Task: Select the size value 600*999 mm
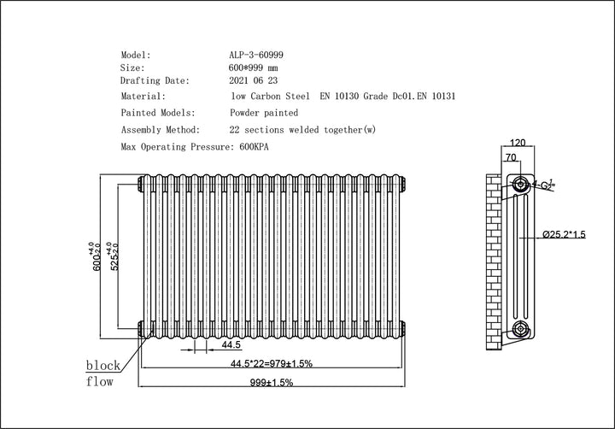click(254, 67)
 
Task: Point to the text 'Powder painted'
click(264, 113)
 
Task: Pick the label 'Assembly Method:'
click(161, 130)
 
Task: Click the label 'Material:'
click(143, 97)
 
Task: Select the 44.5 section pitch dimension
click(230, 346)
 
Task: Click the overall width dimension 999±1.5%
click(271, 383)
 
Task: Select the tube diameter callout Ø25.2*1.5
click(565, 234)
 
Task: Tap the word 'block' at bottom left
click(103, 366)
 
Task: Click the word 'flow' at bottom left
click(100, 382)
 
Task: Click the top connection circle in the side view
click(518, 183)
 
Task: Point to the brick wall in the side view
click(493, 256)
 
